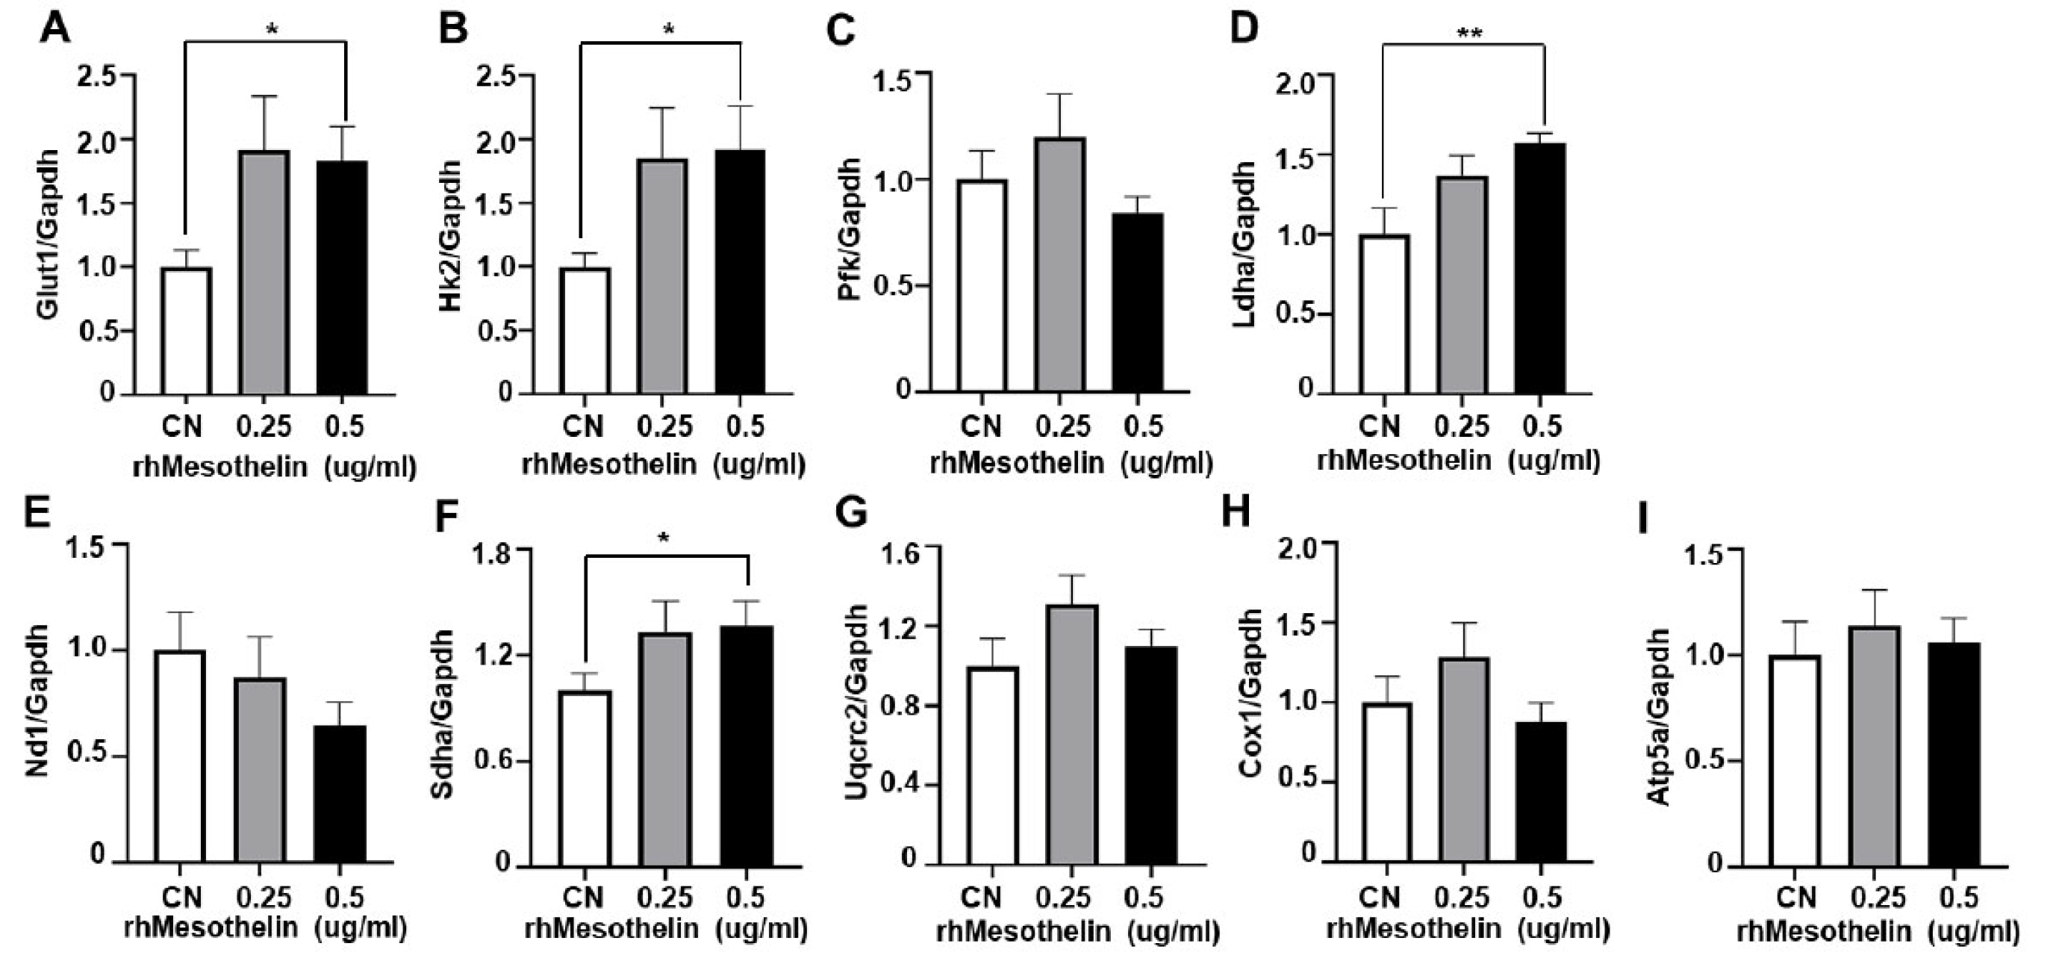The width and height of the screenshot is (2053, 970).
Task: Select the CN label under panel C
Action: [x=981, y=427]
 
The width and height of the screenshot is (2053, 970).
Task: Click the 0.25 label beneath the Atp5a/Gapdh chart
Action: [x=1876, y=898]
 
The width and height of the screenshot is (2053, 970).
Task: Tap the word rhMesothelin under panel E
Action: [x=211, y=927]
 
